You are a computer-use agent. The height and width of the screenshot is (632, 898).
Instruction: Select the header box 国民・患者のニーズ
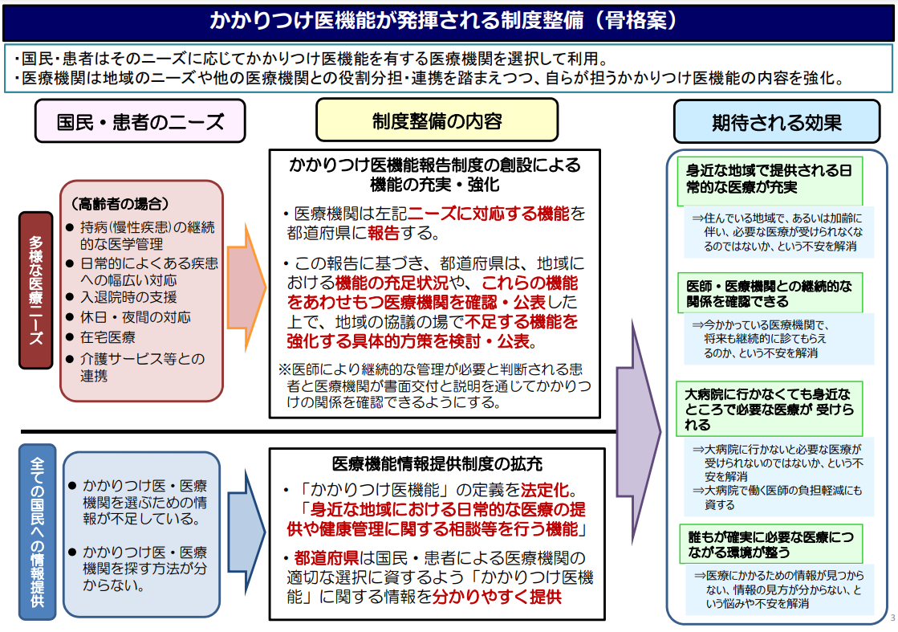click(x=140, y=121)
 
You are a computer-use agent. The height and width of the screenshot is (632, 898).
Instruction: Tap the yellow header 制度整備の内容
click(x=437, y=120)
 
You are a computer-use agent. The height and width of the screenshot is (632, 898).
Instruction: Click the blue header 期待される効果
click(x=776, y=123)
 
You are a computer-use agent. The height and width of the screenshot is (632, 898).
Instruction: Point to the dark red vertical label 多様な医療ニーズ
click(x=36, y=290)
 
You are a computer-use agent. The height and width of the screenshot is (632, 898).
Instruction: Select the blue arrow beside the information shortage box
click(x=247, y=532)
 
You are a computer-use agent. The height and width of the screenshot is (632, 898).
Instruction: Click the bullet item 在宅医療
click(x=108, y=338)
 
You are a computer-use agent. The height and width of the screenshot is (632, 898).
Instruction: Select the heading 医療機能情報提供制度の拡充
click(x=437, y=464)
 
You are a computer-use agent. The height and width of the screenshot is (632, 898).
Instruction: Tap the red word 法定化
click(x=544, y=489)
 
